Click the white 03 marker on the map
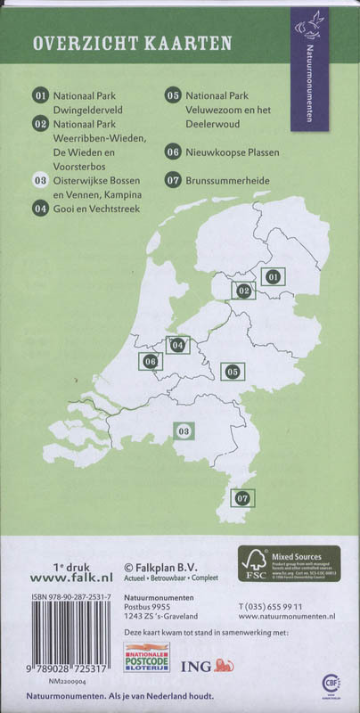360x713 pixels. click(x=184, y=432)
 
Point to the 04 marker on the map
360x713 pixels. click(x=178, y=344)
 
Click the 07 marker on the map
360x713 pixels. click(x=241, y=499)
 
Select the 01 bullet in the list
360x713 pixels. click(x=39, y=95)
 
